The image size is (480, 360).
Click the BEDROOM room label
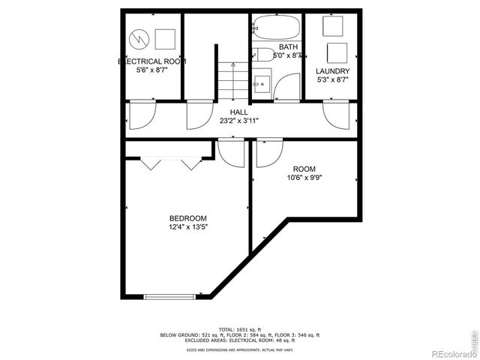(187, 218)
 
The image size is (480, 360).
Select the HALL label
(239, 112)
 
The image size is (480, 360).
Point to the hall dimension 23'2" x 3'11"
(239, 120)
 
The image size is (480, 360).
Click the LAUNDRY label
(333, 71)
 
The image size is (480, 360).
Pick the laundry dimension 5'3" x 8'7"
(333, 79)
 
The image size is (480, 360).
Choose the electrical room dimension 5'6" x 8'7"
(152, 70)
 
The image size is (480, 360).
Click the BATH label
(277, 46)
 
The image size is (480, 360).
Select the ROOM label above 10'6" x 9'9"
(304, 169)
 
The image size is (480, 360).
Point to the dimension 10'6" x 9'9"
(304, 178)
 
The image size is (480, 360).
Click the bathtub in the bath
(277, 28)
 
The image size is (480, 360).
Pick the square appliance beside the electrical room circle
(166, 37)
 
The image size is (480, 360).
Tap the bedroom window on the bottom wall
(172, 296)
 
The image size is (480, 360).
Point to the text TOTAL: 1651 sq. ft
(240, 329)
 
